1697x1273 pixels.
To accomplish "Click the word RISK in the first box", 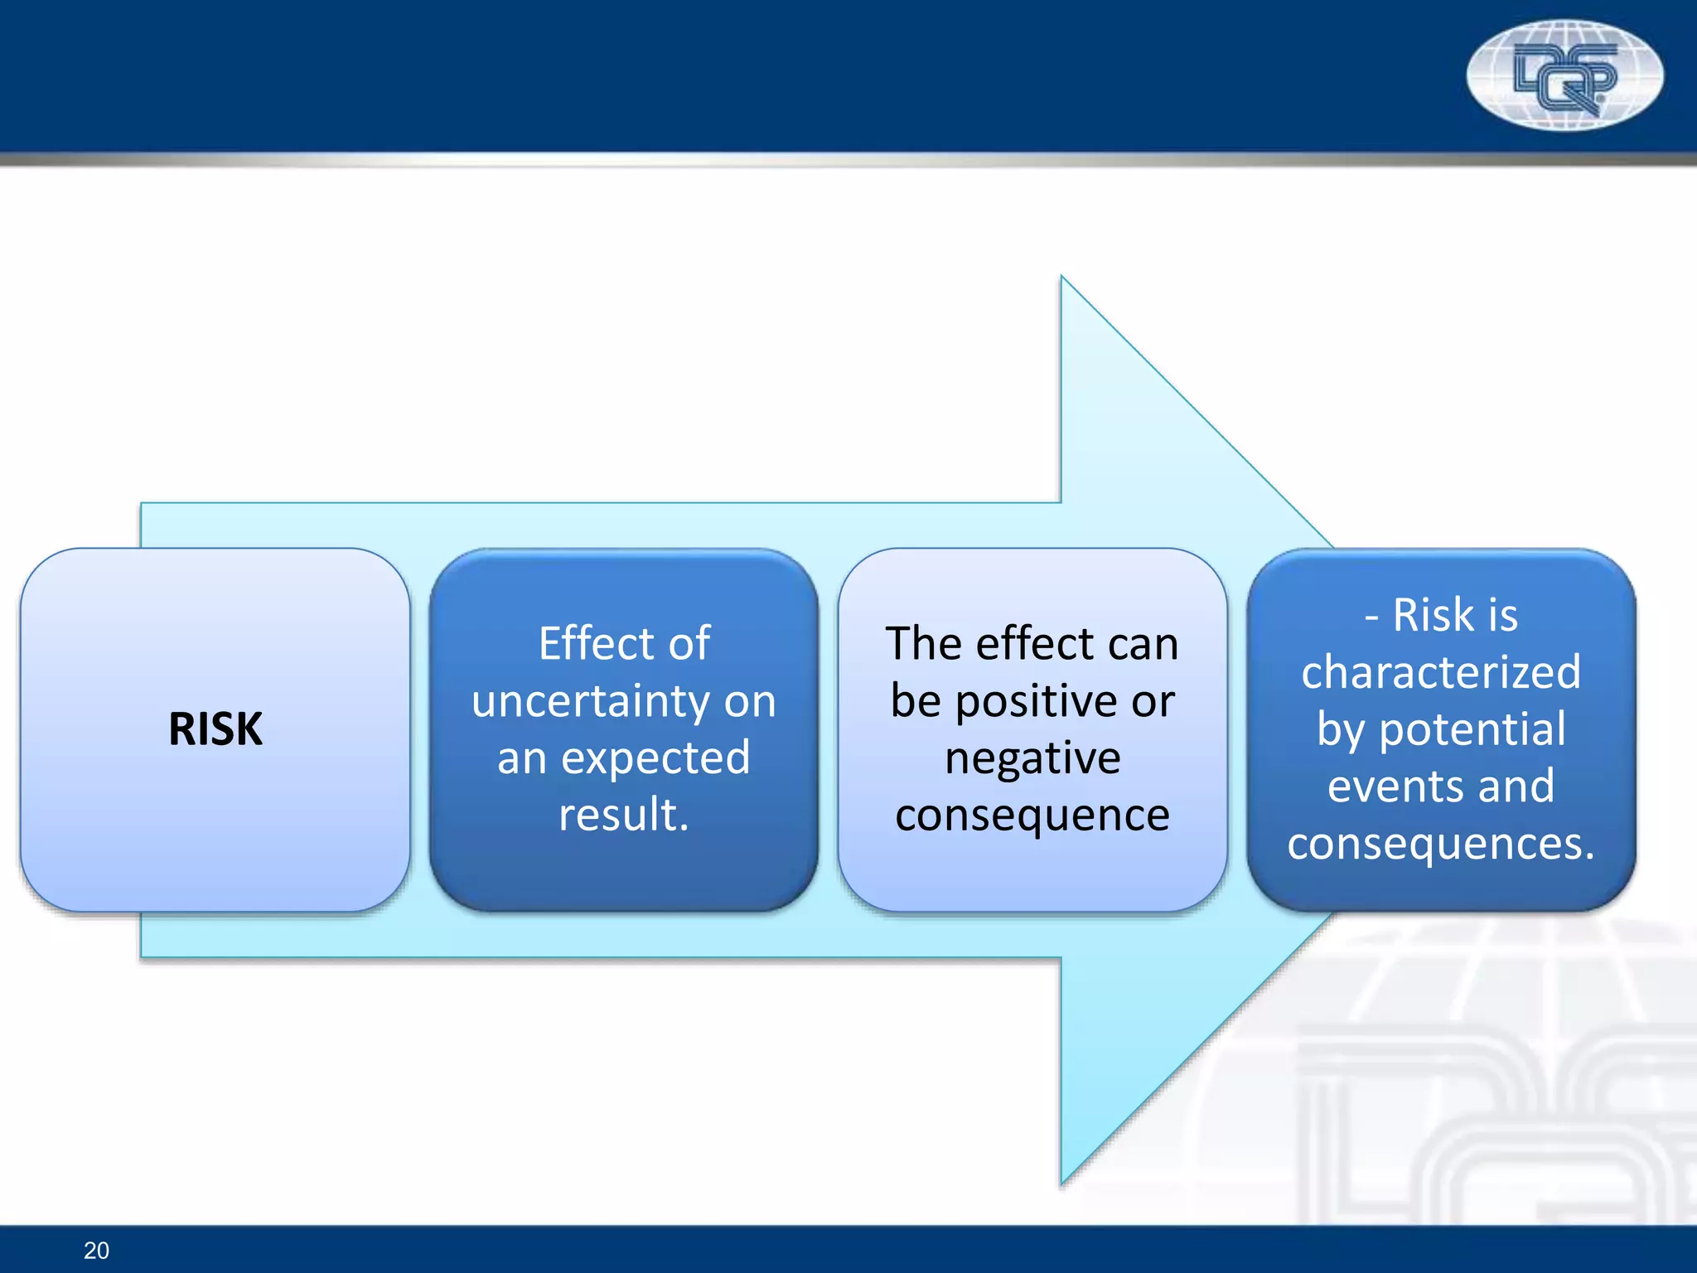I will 215,729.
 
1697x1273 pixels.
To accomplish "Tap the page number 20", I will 96,1251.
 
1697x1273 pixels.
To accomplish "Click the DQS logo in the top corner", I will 1564,75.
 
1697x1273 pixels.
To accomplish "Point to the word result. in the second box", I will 624,815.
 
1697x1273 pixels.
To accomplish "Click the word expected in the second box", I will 655,758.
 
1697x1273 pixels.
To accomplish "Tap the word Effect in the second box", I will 590,644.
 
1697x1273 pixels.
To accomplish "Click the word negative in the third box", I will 1032,758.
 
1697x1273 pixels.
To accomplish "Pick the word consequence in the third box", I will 1032,815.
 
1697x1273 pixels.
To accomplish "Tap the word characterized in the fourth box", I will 1441,672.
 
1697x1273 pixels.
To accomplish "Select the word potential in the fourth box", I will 1472,729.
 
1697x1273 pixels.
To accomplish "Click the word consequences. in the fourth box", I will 1441,844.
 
